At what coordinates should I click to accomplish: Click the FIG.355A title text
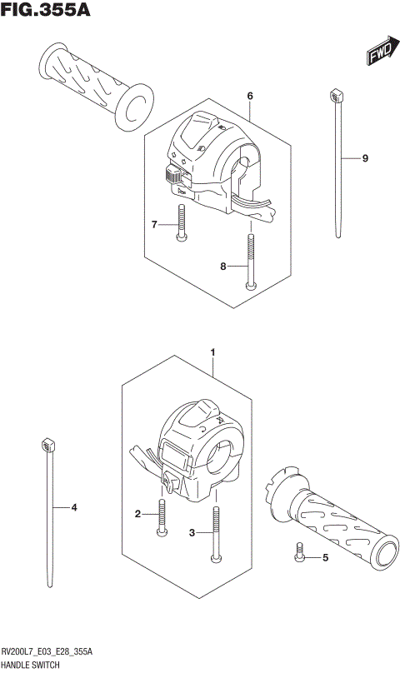(x=46, y=11)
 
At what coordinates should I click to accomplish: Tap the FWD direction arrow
(x=379, y=53)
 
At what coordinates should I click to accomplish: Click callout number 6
(x=249, y=97)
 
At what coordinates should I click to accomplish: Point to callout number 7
(x=154, y=224)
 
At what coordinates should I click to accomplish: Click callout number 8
(x=222, y=267)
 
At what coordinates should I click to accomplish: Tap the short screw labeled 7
(x=180, y=224)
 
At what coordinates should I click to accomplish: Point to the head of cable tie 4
(x=47, y=448)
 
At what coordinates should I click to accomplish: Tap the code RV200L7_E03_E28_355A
(x=47, y=652)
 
